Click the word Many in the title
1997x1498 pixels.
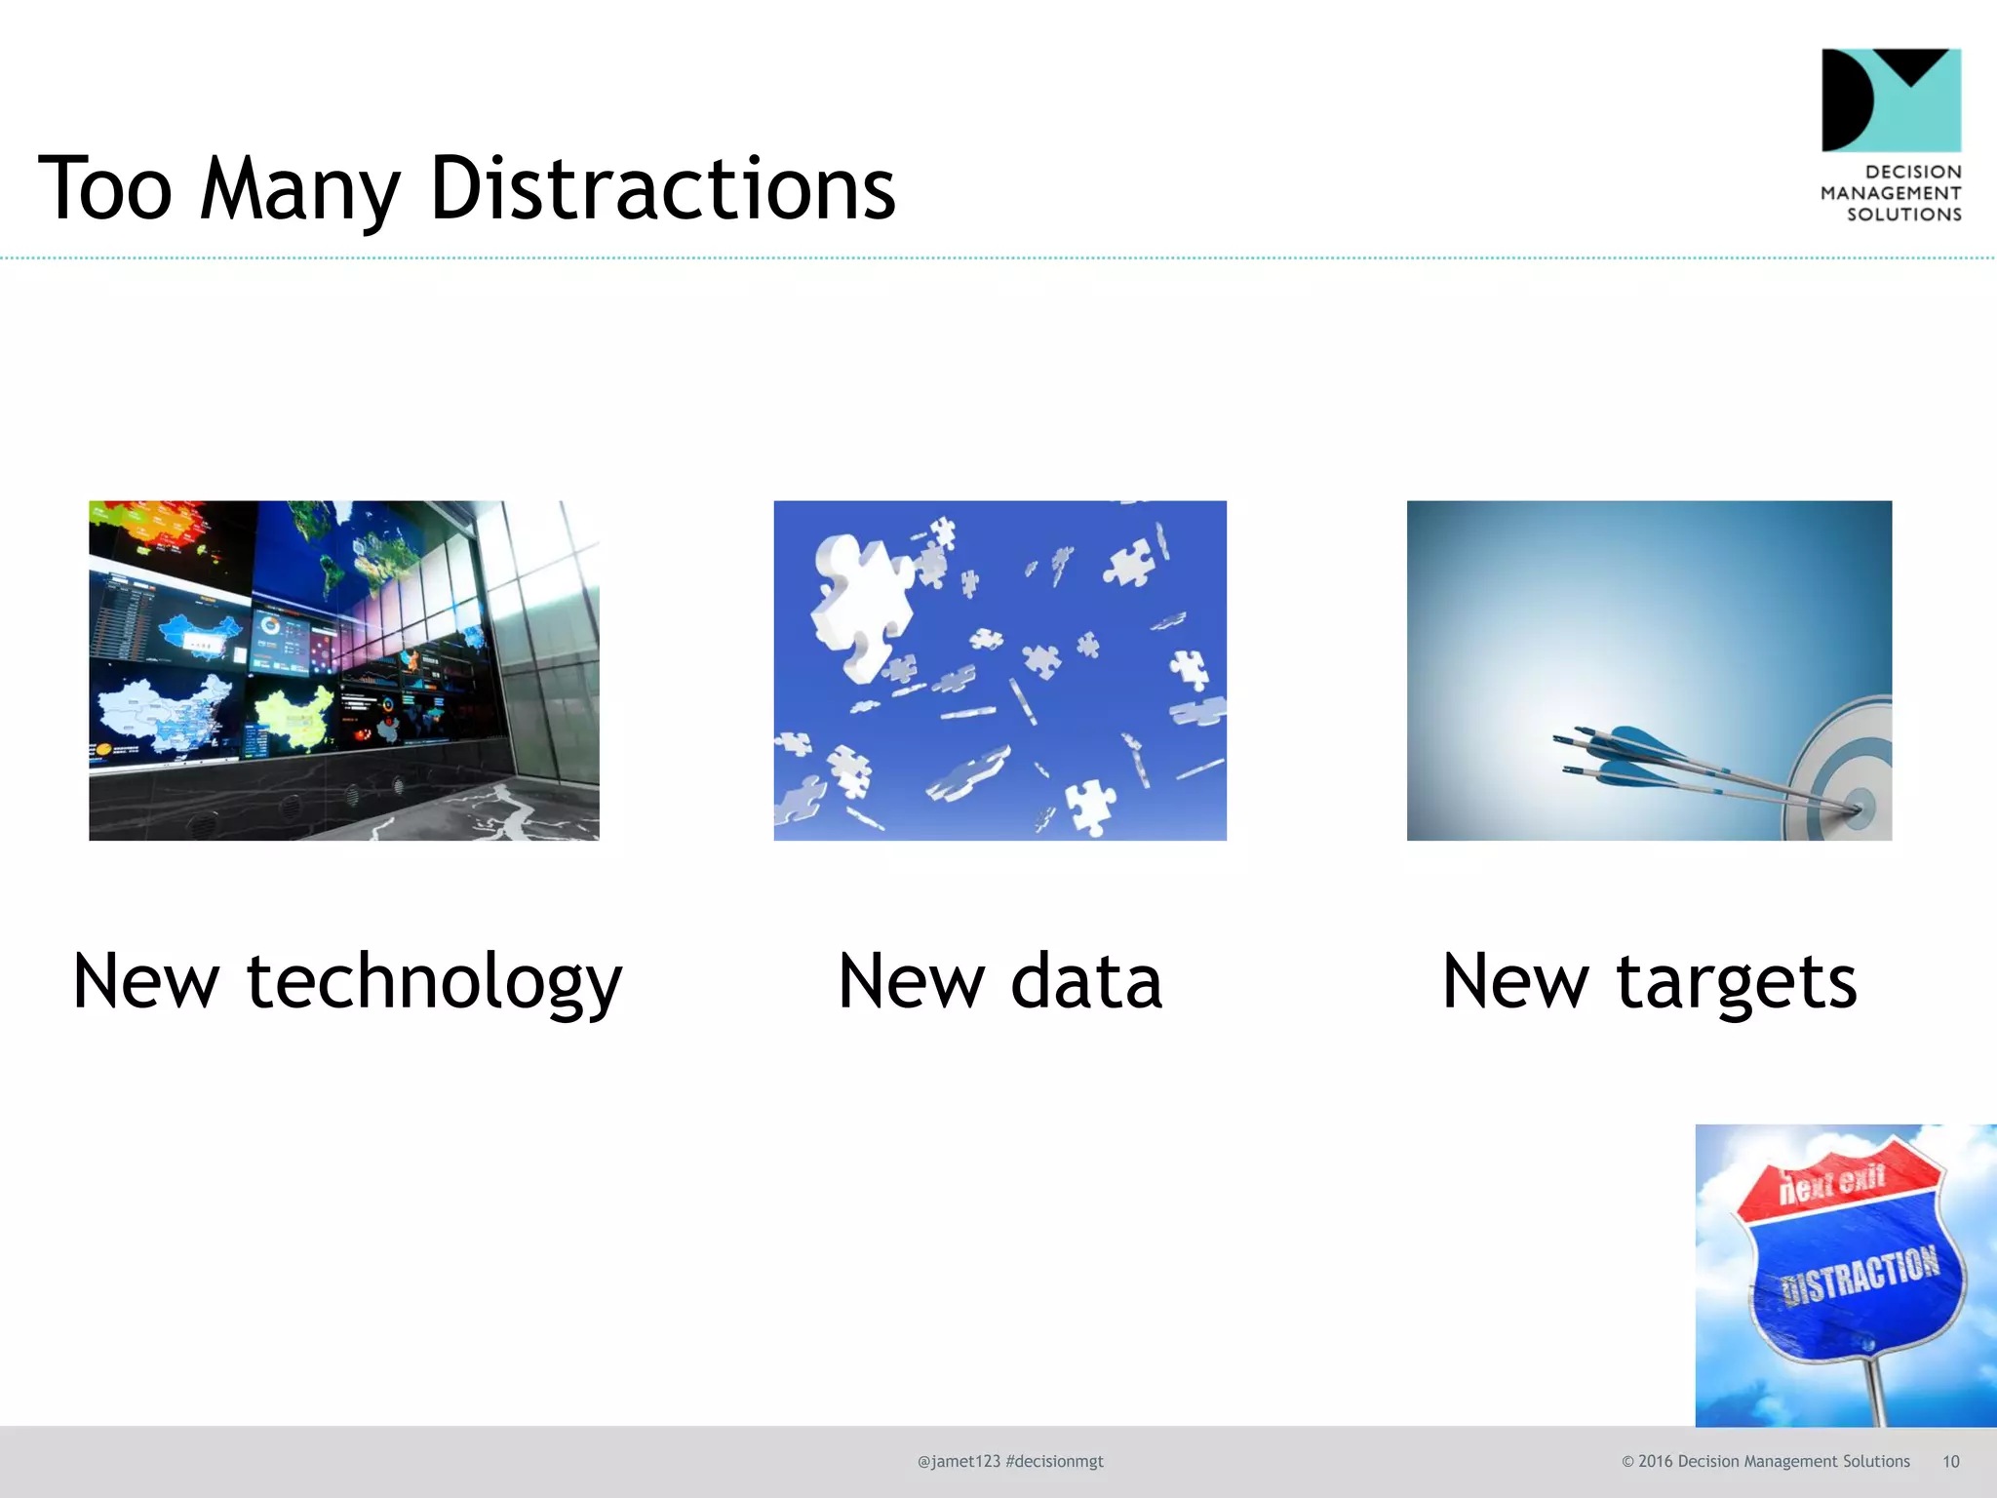pos(300,190)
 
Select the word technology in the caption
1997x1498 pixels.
pos(434,982)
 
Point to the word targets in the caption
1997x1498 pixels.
pos(1737,982)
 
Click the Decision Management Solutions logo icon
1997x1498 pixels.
pos(1891,100)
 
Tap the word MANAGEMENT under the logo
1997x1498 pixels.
pos(1891,193)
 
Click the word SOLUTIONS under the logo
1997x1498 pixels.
pos(1903,215)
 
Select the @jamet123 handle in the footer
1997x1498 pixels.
pos(959,1461)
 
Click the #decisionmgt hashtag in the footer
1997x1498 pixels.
pos(1054,1461)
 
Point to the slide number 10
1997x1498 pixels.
pos(1950,1461)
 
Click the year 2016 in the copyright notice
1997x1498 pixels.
pos(1655,1461)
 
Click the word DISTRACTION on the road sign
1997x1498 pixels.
pos(1860,1275)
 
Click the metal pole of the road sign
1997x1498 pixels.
pos(1873,1390)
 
